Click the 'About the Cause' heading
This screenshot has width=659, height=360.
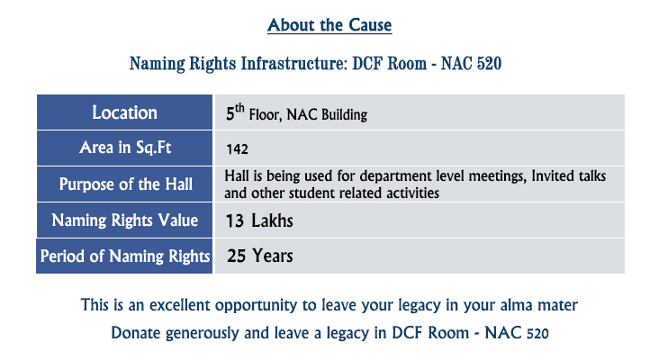(329, 25)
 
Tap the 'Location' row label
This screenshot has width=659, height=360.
(125, 112)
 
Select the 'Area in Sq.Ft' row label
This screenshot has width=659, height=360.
(125, 148)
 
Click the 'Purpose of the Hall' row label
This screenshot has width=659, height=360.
(126, 184)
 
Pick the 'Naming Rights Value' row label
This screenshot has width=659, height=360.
(125, 220)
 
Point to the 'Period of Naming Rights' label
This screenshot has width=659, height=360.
(125, 256)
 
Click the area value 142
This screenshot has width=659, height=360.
(237, 149)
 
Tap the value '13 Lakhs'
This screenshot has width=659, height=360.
(259, 220)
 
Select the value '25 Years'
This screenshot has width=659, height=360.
(260, 256)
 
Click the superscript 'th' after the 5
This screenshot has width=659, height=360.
(239, 108)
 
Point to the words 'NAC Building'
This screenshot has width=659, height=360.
(327, 114)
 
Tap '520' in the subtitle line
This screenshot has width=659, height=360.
(489, 64)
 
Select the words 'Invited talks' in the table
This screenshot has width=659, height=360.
(569, 175)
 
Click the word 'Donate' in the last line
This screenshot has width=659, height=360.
(136, 333)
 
